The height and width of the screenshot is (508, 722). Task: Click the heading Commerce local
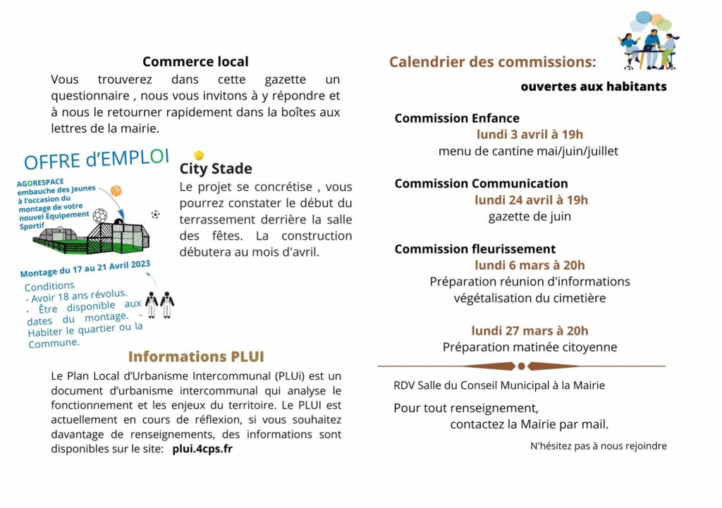point(195,62)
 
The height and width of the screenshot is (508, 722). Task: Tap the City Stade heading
point(216,169)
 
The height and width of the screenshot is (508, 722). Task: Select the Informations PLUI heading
point(196,357)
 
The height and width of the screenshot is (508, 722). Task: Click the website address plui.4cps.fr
point(202,449)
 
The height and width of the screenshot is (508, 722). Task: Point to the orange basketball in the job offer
point(116,191)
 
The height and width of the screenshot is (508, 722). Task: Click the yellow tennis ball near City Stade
point(199,155)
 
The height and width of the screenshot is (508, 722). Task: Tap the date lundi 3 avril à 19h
point(530,135)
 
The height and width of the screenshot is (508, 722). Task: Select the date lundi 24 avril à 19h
point(531,200)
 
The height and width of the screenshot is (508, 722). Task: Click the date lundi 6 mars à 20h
point(530,265)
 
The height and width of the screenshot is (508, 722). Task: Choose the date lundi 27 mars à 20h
point(530,330)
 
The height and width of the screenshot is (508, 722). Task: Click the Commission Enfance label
point(457,118)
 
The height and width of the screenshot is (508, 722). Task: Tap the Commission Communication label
point(481,184)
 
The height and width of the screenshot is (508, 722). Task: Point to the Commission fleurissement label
point(475,249)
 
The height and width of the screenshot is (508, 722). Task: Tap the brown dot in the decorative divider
point(521,366)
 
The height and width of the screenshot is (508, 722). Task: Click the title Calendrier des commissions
point(492,62)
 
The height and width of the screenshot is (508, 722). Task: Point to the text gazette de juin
point(530,216)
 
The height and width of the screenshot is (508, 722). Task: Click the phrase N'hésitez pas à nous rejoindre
point(598,446)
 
